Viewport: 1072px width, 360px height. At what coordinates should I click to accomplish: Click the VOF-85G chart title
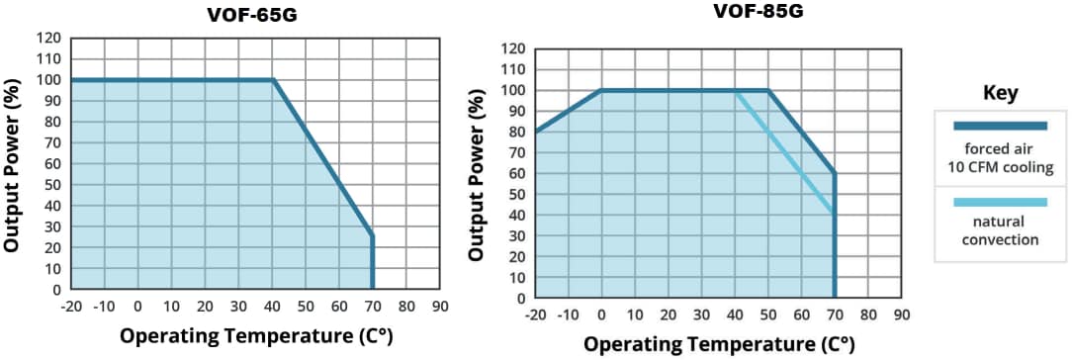point(757,13)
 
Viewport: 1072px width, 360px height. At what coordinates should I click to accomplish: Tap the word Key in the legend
point(1000,93)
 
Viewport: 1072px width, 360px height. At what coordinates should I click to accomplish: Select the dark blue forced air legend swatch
point(1000,126)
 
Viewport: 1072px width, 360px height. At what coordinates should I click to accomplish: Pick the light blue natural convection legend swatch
point(1000,203)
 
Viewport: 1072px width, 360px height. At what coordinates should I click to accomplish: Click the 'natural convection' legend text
point(1000,230)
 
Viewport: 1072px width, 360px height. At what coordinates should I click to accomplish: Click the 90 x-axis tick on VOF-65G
point(440,307)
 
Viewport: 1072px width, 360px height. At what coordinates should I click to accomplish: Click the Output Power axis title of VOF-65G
point(13,164)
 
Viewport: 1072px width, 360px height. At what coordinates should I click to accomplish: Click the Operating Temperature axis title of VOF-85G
point(719,344)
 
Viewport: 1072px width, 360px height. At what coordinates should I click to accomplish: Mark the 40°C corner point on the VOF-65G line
point(272,80)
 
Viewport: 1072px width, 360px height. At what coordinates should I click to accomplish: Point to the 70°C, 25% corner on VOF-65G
point(373,236)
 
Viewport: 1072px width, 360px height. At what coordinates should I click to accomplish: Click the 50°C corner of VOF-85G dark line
point(768,90)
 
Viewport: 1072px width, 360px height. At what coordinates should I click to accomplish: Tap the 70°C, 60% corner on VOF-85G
point(835,173)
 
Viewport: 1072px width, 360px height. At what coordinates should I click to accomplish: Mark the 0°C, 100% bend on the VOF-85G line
point(601,90)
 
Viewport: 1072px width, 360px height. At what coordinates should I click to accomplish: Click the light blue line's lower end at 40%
point(834,214)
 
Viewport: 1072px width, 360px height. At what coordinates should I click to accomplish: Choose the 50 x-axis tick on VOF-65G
point(306,307)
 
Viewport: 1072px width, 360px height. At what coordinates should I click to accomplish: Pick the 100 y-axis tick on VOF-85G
point(514,90)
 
